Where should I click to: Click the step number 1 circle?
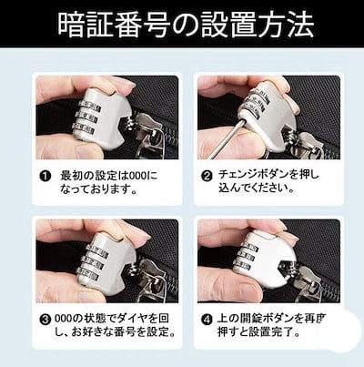tap(45, 177)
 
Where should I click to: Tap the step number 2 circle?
tap(207, 177)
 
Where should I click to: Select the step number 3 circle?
tap(45, 320)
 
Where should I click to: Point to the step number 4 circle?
tap(207, 320)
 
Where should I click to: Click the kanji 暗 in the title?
tap(70, 25)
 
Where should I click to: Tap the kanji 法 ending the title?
tap(300, 25)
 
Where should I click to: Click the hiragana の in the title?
tap(185, 25)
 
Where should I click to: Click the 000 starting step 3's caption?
tap(64, 319)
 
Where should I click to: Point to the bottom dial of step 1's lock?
tap(85, 129)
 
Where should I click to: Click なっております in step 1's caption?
tap(98, 189)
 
